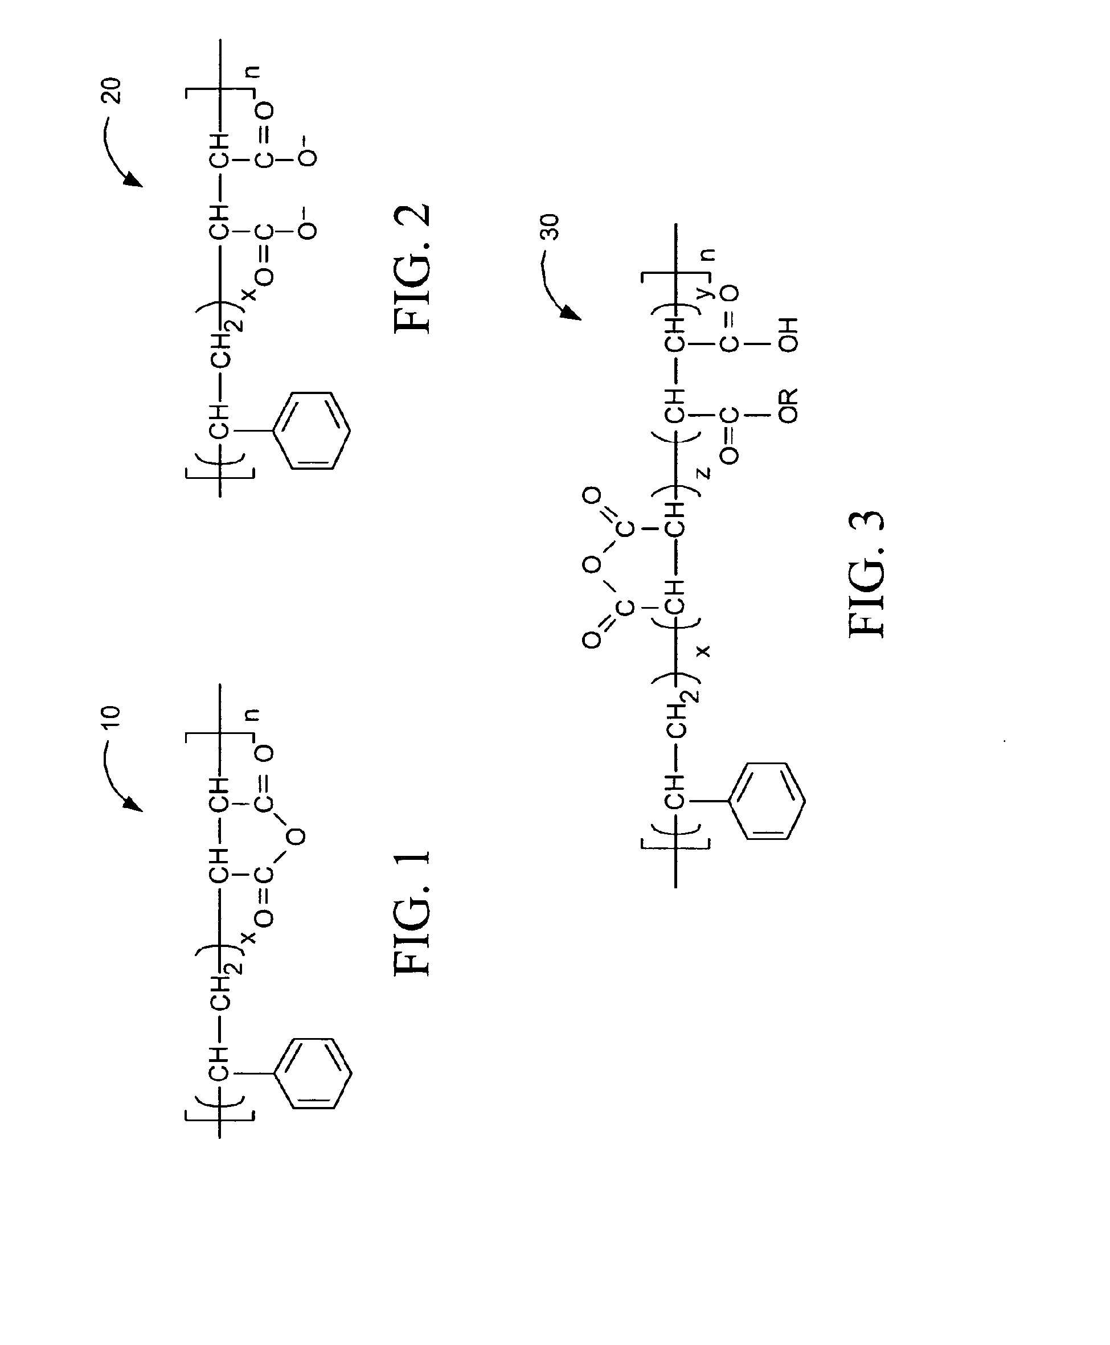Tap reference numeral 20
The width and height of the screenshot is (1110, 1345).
click(x=110, y=90)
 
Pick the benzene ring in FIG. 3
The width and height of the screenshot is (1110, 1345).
click(x=767, y=801)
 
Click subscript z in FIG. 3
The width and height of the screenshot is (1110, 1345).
click(x=703, y=474)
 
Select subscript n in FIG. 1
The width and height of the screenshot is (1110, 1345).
click(x=253, y=715)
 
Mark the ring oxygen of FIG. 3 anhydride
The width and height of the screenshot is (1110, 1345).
click(x=591, y=565)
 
